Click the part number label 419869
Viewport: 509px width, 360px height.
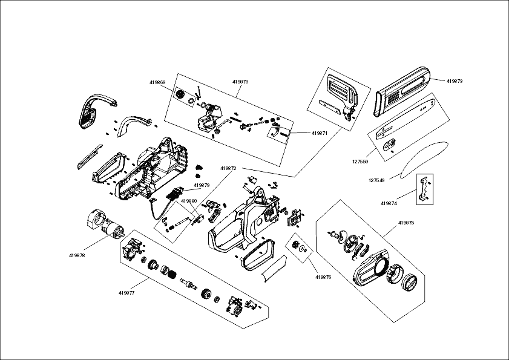157,82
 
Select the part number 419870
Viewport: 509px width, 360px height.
240,82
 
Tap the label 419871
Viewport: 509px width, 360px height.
320,133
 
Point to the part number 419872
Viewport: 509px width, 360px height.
228,168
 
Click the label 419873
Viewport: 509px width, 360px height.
455,81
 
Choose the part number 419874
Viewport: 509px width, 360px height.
389,203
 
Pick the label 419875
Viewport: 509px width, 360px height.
406,223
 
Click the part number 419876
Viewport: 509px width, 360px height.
323,277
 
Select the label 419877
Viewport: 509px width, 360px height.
126,293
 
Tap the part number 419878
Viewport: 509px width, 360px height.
77,255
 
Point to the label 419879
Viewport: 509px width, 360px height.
202,185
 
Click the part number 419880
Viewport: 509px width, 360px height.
189,201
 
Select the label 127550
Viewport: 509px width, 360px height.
360,162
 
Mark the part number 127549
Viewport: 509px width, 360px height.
376,180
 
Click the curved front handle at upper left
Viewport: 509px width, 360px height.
94,110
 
